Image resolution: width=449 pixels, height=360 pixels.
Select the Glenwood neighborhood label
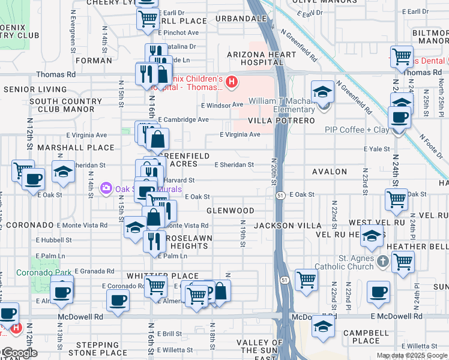pos(231,211)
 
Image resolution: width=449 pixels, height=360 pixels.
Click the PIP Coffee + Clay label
pos(357,130)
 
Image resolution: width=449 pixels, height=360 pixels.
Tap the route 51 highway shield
pos(280,196)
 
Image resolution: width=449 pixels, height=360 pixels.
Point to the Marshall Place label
pos(76,147)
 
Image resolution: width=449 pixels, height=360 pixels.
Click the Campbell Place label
pos(357,337)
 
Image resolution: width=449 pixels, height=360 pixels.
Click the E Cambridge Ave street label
pos(183,119)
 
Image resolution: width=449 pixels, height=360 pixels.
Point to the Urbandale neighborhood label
pos(241,19)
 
